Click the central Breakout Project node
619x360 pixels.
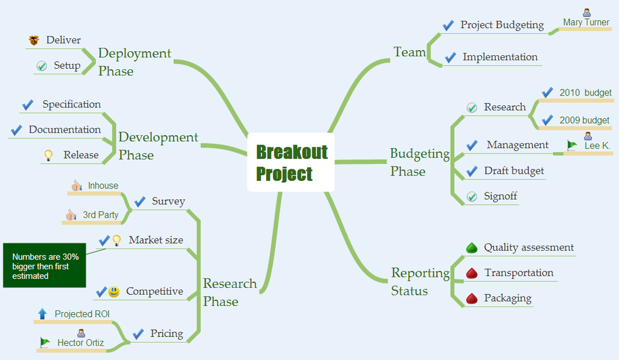291,162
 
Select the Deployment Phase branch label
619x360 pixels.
134,62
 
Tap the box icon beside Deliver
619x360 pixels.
34,40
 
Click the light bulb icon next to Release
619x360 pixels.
49,155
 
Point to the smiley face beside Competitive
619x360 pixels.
114,291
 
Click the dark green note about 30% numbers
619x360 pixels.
45,265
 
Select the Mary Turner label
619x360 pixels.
586,22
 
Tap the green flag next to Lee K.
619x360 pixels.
572,145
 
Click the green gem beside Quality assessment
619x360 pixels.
472,247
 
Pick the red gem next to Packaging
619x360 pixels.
472,298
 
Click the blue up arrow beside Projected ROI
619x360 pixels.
42,314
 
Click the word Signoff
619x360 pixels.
500,196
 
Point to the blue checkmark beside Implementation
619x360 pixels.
450,57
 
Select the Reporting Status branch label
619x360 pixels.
420,282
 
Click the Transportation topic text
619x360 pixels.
519,273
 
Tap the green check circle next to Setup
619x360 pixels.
42,66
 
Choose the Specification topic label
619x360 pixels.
71,105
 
